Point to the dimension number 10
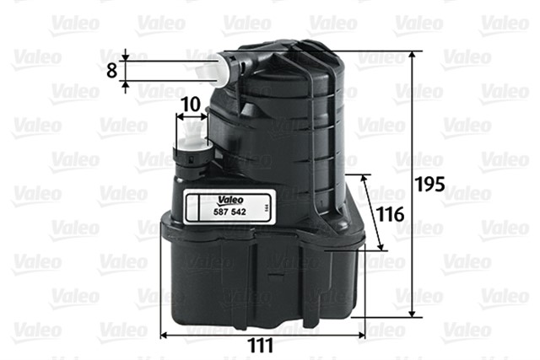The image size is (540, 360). click(190, 104)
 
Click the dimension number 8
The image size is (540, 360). click(111, 70)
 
